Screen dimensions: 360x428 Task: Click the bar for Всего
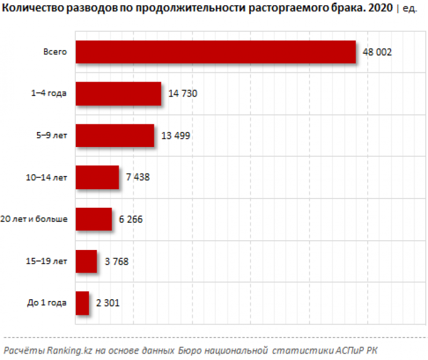click(215, 52)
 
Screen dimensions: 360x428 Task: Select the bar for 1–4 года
click(118, 94)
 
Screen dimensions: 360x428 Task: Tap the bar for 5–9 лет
click(115, 135)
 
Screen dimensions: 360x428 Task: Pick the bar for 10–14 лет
click(97, 177)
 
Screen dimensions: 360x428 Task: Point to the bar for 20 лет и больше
click(93, 219)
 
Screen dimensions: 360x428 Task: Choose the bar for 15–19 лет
click(86, 261)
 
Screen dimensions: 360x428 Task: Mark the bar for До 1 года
click(82, 303)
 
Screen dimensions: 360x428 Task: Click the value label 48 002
click(377, 52)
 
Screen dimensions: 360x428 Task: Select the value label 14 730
click(183, 94)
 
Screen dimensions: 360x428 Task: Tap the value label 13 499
click(176, 135)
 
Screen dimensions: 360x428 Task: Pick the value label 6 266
click(130, 219)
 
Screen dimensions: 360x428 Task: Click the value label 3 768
click(116, 261)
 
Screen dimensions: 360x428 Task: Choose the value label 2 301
click(108, 303)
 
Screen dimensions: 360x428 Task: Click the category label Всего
click(56, 52)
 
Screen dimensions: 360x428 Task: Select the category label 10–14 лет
click(46, 177)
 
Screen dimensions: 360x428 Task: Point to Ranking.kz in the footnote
click(66, 351)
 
